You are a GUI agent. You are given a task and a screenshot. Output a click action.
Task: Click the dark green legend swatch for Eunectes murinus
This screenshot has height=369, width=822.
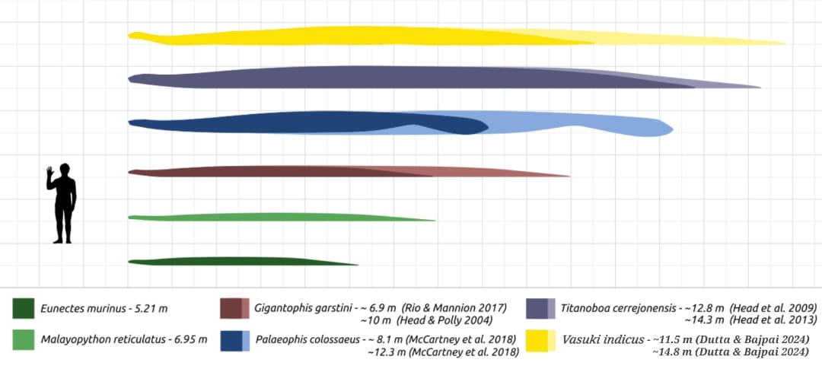coord(24,308)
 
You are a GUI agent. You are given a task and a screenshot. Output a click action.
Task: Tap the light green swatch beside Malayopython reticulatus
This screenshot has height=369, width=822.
coord(24,339)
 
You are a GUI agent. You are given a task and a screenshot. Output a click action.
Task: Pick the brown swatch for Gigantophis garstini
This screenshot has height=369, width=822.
coord(234,308)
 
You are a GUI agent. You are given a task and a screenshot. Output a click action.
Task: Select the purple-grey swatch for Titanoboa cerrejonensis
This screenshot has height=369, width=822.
coord(540,308)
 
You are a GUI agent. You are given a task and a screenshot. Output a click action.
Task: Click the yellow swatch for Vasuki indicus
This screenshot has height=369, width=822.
coord(540,340)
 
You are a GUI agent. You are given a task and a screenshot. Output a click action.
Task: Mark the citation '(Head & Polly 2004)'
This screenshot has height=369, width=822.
coord(448,320)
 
